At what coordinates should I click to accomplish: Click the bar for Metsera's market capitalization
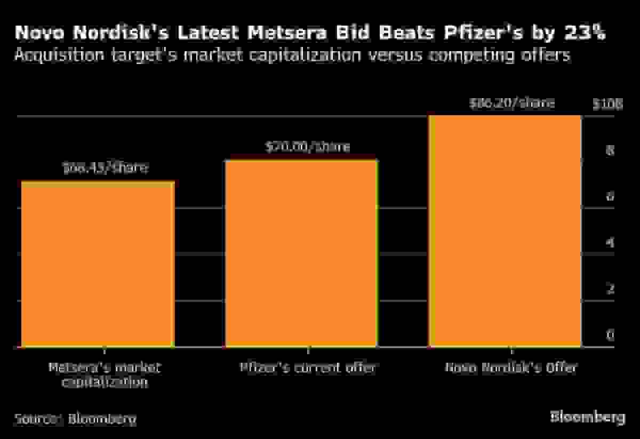[x=97, y=265]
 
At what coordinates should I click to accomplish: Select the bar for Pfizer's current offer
[x=301, y=254]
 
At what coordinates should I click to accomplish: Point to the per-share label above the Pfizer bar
[x=307, y=147]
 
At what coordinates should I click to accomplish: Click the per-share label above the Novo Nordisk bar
[x=511, y=103]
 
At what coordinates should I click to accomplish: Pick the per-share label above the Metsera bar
[x=105, y=169]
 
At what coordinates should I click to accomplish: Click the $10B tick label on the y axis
[x=607, y=105]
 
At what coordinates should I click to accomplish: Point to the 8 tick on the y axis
[x=610, y=151]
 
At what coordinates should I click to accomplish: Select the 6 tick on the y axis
[x=610, y=197]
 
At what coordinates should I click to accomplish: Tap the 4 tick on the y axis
[x=610, y=243]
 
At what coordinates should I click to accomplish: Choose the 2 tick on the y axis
[x=610, y=289]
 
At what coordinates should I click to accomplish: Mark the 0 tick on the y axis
[x=610, y=336]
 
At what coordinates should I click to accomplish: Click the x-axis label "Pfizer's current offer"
[x=307, y=368]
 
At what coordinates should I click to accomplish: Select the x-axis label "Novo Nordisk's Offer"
[x=511, y=368]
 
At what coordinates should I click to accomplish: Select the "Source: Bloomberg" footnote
[x=75, y=418]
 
